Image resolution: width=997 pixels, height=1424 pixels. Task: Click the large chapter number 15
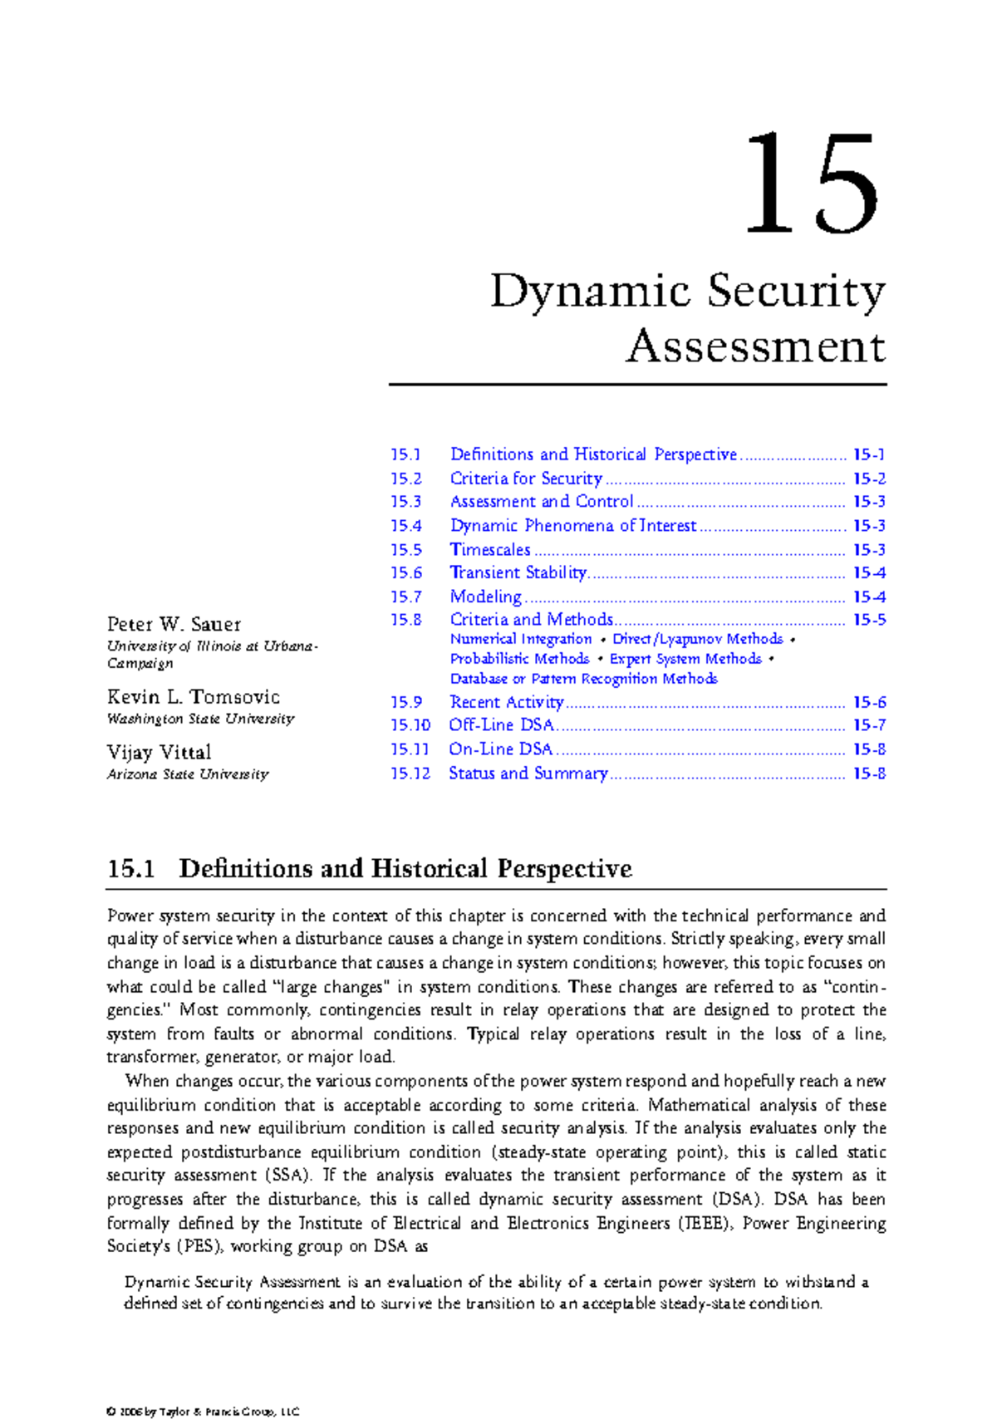click(811, 184)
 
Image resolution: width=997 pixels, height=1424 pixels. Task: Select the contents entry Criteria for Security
click(526, 479)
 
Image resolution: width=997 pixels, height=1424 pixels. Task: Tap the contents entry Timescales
click(490, 550)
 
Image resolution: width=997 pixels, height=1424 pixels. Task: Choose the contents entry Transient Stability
click(518, 573)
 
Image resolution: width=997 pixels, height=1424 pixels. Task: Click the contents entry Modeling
click(486, 597)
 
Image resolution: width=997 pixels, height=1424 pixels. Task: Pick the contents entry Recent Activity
click(507, 702)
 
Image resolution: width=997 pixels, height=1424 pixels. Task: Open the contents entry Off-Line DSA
click(502, 725)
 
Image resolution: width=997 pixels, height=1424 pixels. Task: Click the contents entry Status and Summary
click(528, 773)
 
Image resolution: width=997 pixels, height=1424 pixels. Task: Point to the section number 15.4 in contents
click(406, 526)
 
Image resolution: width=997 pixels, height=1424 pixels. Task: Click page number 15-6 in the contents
click(869, 702)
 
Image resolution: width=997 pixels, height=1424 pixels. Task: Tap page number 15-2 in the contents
click(869, 479)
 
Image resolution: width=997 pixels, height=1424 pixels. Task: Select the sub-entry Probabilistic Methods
click(520, 659)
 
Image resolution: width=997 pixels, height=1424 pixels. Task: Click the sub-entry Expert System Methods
click(685, 659)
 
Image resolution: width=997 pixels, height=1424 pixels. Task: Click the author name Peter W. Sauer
click(174, 625)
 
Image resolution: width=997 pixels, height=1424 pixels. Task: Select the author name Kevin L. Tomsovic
click(193, 697)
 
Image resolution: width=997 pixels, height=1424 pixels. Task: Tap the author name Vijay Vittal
click(159, 753)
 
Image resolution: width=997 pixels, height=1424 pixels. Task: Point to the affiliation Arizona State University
click(188, 774)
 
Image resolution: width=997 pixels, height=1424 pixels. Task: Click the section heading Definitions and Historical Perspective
click(405, 869)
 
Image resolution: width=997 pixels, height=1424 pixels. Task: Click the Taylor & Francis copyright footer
click(203, 1412)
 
